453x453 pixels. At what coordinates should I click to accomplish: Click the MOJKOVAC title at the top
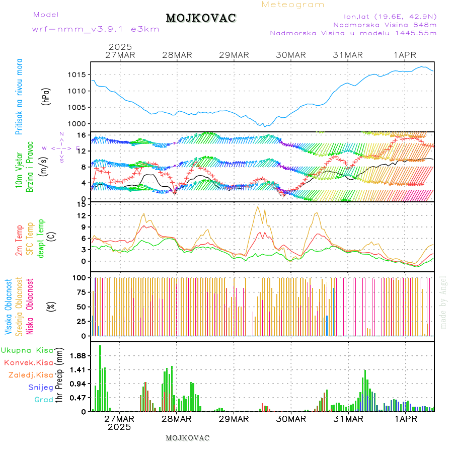pyautogui.click(x=201, y=18)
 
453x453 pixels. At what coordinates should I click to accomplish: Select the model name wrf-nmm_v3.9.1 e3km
pyautogui.click(x=96, y=29)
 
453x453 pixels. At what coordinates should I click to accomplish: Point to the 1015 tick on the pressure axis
pyautogui.click(x=79, y=74)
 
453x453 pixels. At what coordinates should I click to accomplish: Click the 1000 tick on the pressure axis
pyautogui.click(x=79, y=124)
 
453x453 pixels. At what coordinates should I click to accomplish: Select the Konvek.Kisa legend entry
pyautogui.click(x=28, y=362)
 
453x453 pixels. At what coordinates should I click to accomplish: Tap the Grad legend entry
pyautogui.click(x=43, y=400)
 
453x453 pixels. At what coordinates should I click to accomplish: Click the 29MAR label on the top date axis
pyautogui.click(x=234, y=55)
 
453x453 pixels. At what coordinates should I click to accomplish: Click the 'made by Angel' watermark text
pyautogui.click(x=443, y=302)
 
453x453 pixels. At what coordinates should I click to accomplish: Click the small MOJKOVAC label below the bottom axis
pyautogui.click(x=187, y=438)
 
